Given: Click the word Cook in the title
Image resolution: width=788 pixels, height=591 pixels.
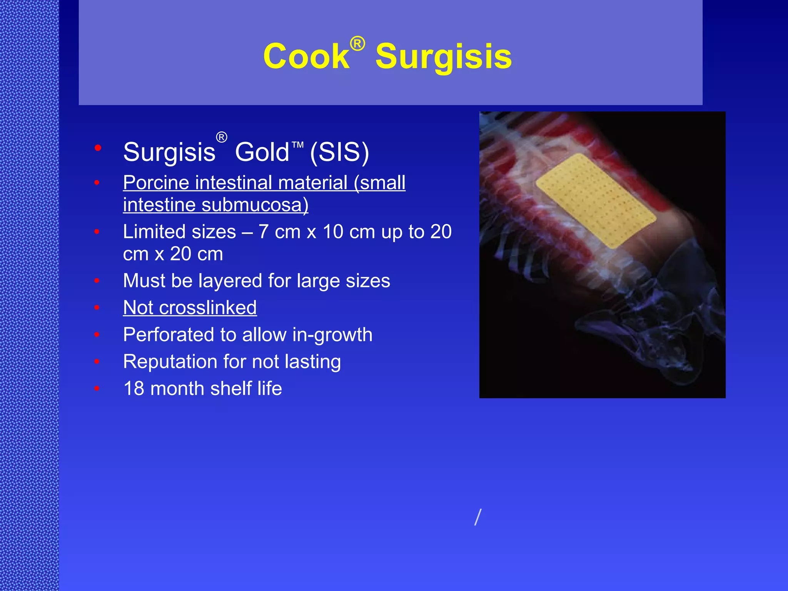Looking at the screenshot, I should pos(306,57).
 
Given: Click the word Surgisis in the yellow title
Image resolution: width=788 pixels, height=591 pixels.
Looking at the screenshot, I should pos(443,57).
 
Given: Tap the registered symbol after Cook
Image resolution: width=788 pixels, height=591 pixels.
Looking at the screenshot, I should pos(357,43).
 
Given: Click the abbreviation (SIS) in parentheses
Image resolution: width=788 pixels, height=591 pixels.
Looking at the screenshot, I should pos(339,152).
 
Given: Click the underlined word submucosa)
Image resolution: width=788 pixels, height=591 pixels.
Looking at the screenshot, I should pos(255,205).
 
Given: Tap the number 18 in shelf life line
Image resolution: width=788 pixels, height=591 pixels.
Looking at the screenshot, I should pos(134,389).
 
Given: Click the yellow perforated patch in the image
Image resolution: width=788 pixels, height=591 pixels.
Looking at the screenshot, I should pos(596,200).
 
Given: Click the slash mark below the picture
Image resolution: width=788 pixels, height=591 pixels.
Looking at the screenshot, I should pos(478,517).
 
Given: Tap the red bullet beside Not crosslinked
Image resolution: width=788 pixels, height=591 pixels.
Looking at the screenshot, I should pos(97,307).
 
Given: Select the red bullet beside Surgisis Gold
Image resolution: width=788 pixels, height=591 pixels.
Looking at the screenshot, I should pos(98,148).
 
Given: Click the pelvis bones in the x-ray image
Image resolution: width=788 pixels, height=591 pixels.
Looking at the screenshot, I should pos(654,339).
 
